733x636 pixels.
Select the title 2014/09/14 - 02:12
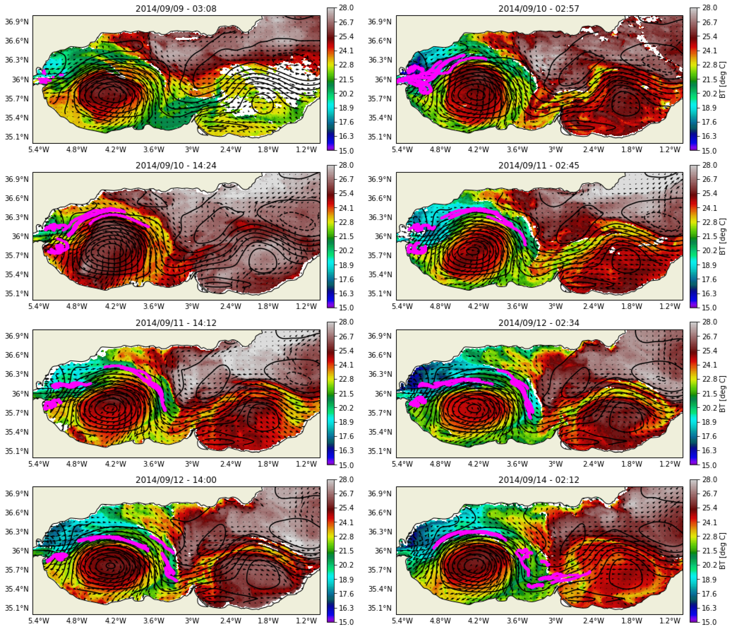(x=539, y=480)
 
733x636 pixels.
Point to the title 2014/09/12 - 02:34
(x=539, y=323)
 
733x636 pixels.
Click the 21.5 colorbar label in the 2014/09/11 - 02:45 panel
(x=709, y=236)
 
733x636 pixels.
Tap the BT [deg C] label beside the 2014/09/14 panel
(x=722, y=551)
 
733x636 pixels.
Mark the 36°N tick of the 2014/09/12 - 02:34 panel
(x=383, y=394)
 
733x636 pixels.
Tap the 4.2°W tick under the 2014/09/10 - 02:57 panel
(x=478, y=149)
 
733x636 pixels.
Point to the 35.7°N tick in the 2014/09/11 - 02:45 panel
(x=380, y=256)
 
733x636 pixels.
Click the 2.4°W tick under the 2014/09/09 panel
(x=231, y=149)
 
